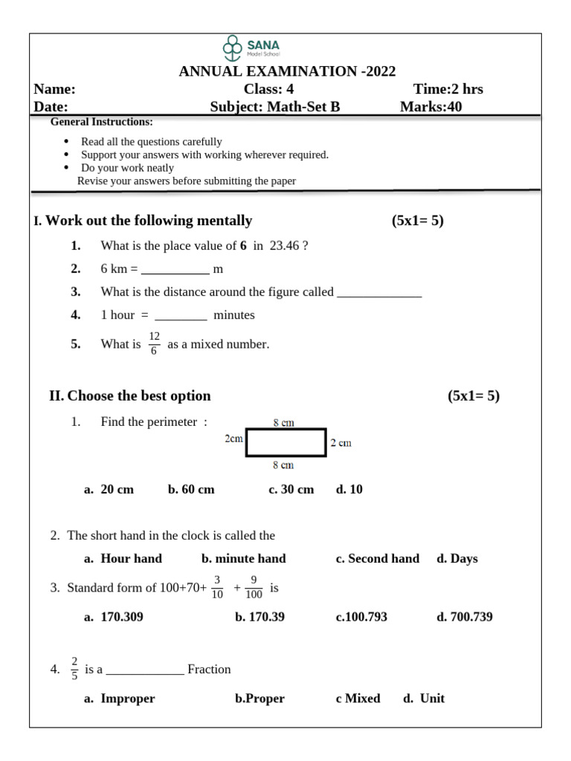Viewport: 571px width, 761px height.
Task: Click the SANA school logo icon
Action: pyautogui.click(x=233, y=48)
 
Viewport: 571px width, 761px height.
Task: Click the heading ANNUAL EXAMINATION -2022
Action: pyautogui.click(x=287, y=71)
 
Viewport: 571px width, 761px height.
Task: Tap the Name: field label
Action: pyautogui.click(x=55, y=89)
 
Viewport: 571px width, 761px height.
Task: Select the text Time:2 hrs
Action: pyautogui.click(x=448, y=89)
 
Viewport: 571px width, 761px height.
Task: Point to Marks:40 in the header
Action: pyautogui.click(x=430, y=106)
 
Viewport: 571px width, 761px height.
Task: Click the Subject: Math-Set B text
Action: pyautogui.click(x=275, y=106)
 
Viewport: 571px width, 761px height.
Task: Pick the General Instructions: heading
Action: pyautogui.click(x=101, y=122)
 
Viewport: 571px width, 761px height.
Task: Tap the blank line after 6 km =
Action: pyautogui.click(x=175, y=269)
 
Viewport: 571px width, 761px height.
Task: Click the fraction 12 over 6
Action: pyautogui.click(x=154, y=343)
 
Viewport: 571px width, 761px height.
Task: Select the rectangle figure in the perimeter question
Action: pyautogui.click(x=286, y=442)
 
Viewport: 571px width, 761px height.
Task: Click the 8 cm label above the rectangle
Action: pyautogui.click(x=283, y=422)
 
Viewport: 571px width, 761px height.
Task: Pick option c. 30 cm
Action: pyautogui.click(x=291, y=489)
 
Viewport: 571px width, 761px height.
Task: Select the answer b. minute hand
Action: pyautogui.click(x=243, y=558)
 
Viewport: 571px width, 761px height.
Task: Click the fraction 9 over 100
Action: pyautogui.click(x=254, y=587)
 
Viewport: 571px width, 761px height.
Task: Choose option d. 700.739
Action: pyautogui.click(x=464, y=617)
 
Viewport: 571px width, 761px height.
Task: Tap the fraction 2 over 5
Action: pyautogui.click(x=74, y=669)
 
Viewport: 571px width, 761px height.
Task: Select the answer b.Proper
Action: pyautogui.click(x=259, y=699)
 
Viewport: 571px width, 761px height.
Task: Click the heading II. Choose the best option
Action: pyautogui.click(x=130, y=395)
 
